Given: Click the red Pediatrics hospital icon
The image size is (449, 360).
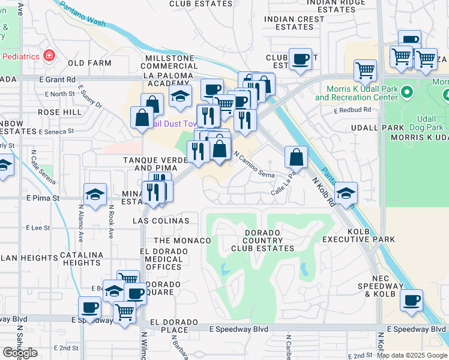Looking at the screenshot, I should point(48,56).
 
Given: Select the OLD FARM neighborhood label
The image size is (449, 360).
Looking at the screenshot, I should point(89,63).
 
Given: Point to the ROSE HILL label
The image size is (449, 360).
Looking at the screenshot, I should point(59,112).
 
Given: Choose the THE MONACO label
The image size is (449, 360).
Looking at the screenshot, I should point(182,241).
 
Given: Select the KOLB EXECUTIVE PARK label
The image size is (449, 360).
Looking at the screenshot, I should point(367,235).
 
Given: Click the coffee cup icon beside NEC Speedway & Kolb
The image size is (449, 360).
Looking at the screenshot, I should point(411,301).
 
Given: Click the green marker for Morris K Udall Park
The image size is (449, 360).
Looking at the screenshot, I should point(408,92).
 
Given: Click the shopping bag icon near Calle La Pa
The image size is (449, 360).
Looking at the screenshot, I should point(297,157).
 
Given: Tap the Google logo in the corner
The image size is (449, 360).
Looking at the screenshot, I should point(20,353).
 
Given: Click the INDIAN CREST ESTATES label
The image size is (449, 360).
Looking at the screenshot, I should point(294,23).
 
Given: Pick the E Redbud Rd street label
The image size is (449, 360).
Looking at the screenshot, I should point(353,110).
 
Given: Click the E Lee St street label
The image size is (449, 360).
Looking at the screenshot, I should point(39,228).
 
